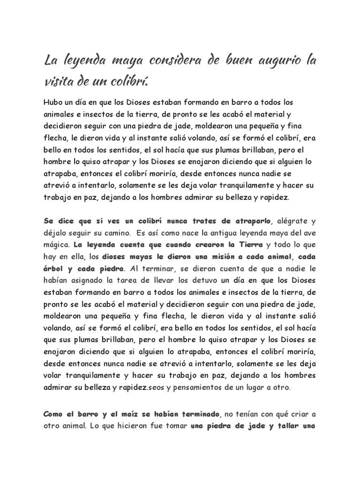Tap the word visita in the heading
coord(59,82)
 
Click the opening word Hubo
coord(53,102)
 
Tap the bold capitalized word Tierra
coord(249,245)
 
